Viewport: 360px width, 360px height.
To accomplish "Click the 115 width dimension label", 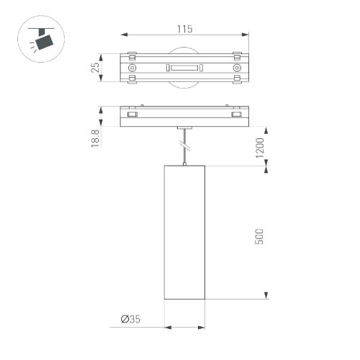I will tap(184, 30).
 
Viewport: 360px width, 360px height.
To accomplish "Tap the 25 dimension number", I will tap(94, 68).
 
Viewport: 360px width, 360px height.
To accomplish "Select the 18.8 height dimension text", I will tap(94, 137).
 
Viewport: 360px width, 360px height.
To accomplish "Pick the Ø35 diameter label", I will tap(131, 318).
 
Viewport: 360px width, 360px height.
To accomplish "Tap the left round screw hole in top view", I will tap(132, 68).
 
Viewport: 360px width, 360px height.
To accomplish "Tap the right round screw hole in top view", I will tap(236, 68).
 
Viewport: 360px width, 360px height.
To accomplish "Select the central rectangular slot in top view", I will tap(184, 68).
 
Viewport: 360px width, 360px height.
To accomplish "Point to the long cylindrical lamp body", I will tap(185, 230).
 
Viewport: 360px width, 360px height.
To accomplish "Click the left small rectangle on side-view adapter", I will tap(132, 114).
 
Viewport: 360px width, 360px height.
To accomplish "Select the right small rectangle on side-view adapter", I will tap(236, 114).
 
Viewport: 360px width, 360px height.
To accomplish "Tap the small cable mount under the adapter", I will tap(185, 128).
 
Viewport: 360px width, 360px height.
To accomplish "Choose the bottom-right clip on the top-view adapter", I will tap(236, 82).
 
